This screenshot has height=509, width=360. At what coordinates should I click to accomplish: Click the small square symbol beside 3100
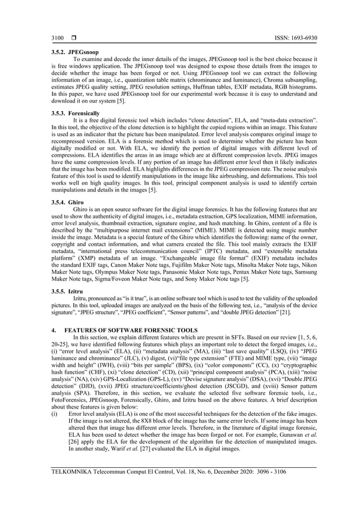point(73,39)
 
